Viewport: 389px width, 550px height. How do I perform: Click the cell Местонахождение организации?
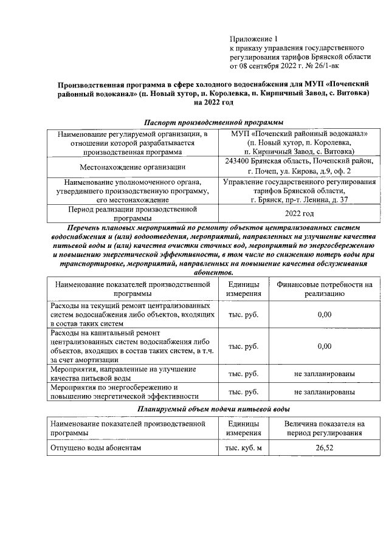133,166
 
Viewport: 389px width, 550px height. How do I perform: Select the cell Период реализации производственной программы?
133,214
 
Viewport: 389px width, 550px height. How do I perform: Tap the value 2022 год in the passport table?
298,214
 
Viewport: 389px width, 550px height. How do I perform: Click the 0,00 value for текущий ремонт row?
324,314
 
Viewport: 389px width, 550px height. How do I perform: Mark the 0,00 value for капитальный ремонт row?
324,346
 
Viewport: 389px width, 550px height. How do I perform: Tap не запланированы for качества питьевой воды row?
324,374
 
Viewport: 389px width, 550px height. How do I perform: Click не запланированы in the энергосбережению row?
324,392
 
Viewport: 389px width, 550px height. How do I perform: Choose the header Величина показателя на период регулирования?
324,428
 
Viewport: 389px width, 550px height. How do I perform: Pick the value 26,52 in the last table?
324,448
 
